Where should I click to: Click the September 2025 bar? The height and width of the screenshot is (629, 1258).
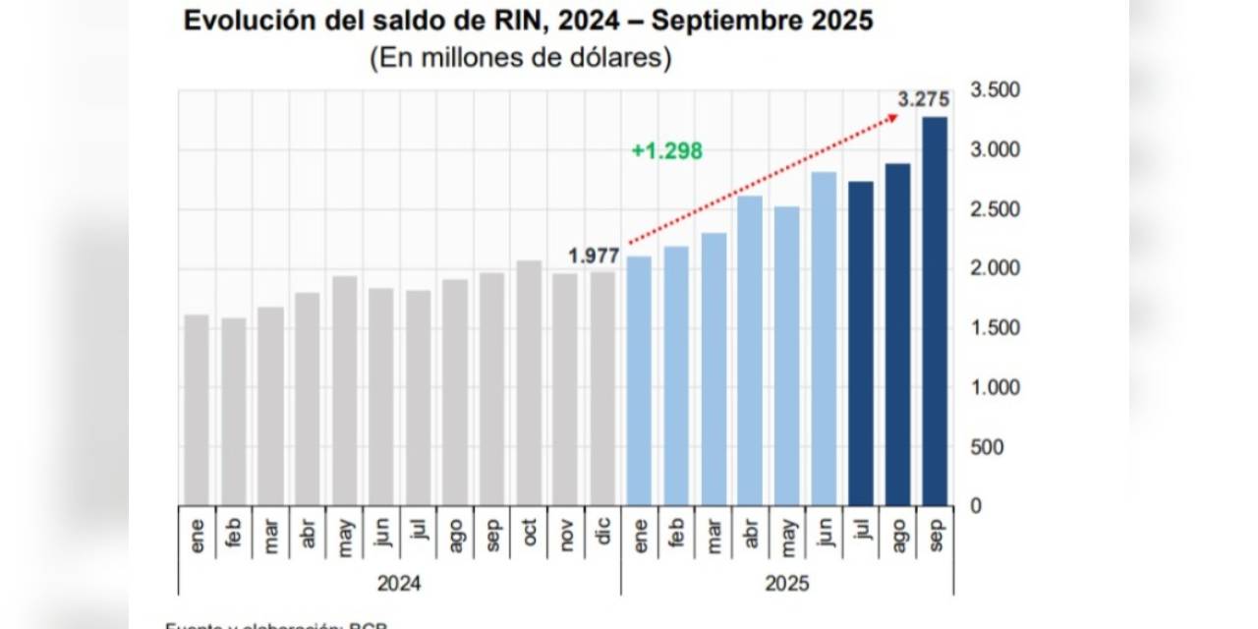935,311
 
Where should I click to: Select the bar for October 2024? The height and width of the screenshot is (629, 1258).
529,383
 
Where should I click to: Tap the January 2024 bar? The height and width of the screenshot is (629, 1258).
197,410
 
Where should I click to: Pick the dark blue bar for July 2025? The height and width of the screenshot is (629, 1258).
861,343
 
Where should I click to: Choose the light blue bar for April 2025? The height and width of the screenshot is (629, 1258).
750,350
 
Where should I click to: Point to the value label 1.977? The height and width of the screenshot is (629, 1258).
594,257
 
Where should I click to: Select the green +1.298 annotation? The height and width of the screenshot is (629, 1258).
667,151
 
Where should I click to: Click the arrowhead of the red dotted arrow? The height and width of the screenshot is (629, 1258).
893,117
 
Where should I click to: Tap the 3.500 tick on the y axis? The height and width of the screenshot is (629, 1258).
995,90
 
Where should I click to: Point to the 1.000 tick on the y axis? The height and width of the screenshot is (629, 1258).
995,387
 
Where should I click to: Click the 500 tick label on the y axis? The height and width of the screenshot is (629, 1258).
987,447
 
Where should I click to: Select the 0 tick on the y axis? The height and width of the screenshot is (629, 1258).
976,506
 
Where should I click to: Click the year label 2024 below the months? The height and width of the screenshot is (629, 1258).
399,584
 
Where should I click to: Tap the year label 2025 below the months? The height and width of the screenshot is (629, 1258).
786,584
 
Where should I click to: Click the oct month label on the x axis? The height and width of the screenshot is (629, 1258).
530,535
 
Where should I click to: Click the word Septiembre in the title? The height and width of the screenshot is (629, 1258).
732,21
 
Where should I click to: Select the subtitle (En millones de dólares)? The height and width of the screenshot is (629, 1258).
521,58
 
